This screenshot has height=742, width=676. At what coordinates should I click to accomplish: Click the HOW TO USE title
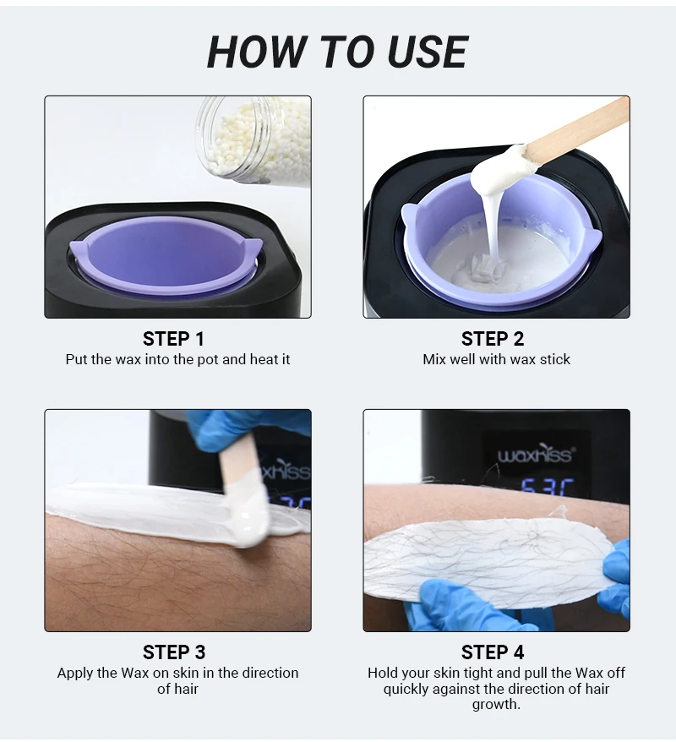pos(338,52)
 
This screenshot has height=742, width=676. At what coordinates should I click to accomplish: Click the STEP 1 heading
pos(173,339)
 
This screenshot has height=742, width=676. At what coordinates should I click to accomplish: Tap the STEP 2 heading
pos(493,339)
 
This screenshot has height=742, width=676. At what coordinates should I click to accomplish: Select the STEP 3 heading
pos(174,652)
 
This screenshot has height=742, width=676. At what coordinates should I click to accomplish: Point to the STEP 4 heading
pos(493,652)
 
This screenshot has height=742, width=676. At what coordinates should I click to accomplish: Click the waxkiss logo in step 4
pos(536,455)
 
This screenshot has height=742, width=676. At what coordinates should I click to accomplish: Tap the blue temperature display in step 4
pos(548,488)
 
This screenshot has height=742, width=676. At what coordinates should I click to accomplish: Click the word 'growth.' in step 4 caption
pos(496,704)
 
